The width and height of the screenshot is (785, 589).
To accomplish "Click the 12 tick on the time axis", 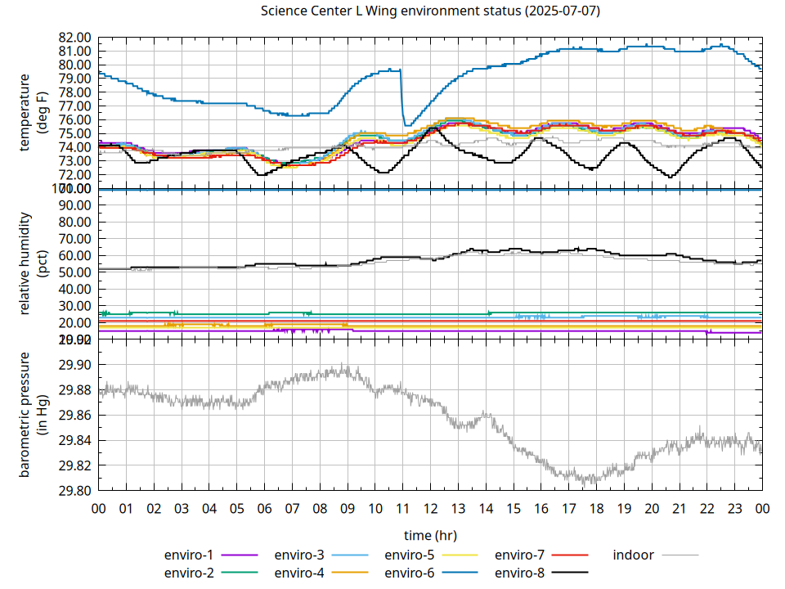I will [x=430, y=508].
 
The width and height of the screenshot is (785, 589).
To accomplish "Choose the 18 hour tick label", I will [x=596, y=508].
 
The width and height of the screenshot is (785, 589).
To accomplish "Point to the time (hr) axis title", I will [x=430, y=535].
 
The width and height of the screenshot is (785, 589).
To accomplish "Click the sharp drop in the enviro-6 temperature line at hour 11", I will [x=402, y=98].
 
